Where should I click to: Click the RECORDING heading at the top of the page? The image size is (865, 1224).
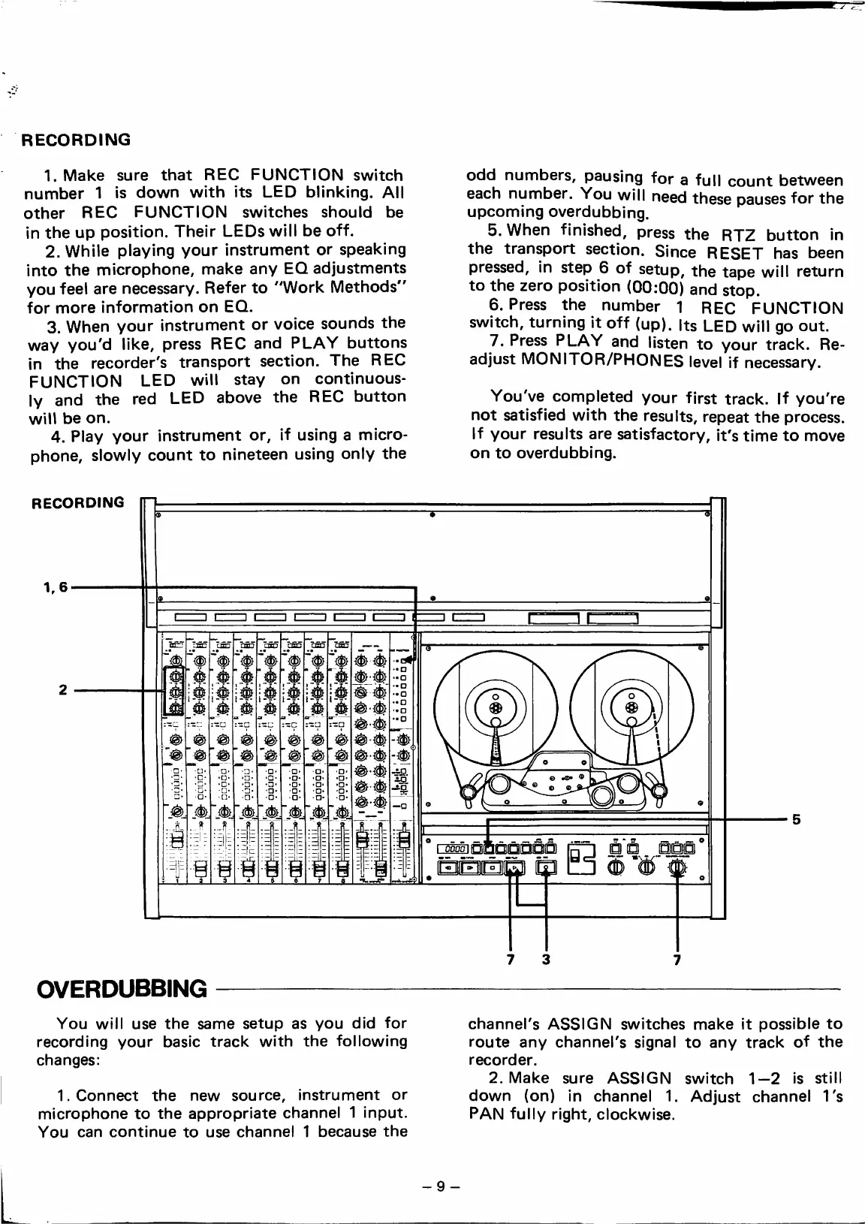point(75,140)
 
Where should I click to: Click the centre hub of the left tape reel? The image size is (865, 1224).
point(495,708)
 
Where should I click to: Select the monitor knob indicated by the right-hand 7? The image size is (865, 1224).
point(678,868)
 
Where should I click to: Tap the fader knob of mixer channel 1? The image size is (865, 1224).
point(178,840)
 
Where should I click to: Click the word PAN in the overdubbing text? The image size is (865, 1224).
point(484,1114)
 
